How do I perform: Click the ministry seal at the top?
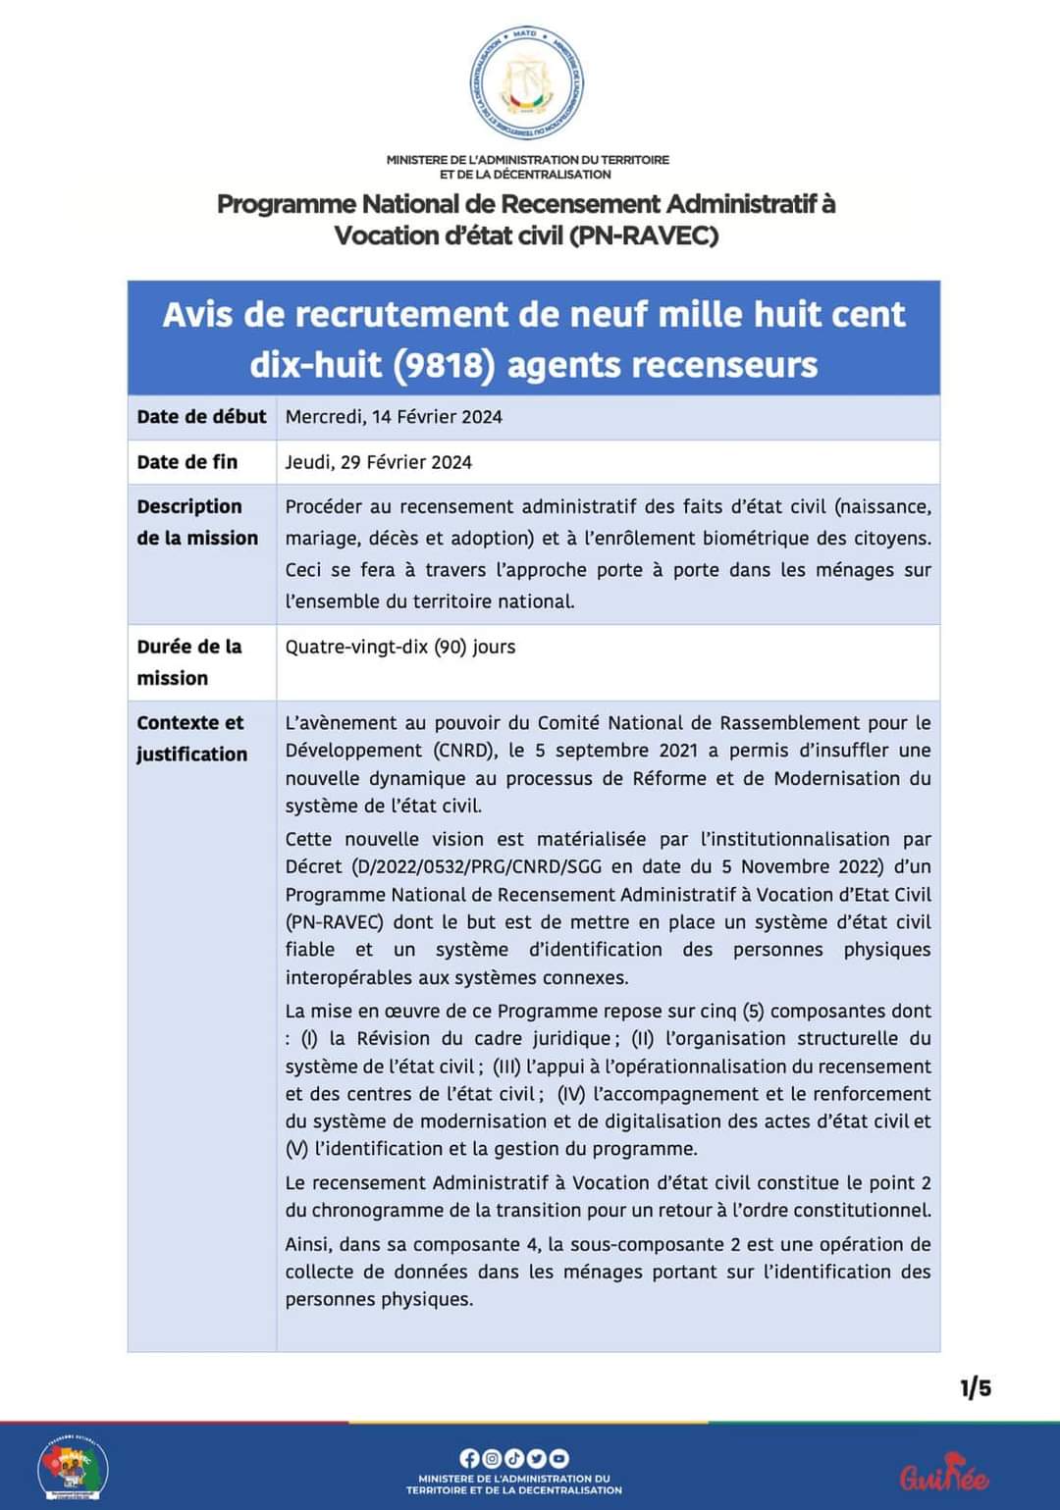526,83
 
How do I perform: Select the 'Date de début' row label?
201,417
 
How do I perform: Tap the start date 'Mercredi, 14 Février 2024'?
394,417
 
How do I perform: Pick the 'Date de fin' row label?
187,462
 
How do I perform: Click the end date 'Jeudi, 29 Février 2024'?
378,462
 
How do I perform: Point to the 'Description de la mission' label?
197,522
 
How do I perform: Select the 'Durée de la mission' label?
188,662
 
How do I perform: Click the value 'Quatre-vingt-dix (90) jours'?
400,647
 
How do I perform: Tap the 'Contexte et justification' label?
191,738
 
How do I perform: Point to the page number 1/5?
976,1387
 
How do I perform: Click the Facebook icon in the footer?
469,1458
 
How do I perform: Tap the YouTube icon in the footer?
558,1458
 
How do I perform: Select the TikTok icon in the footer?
513,1458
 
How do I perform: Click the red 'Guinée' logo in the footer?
944,1474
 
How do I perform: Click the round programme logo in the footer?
73,1469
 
